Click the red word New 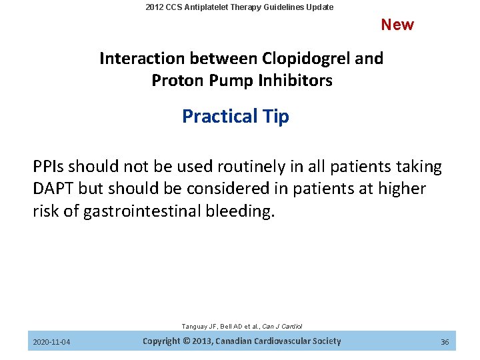[x=397, y=25]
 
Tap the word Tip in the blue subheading [x=275, y=117]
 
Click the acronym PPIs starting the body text [x=49, y=167]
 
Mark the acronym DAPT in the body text [x=53, y=189]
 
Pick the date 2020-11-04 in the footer [x=52, y=342]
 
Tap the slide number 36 [x=445, y=342]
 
